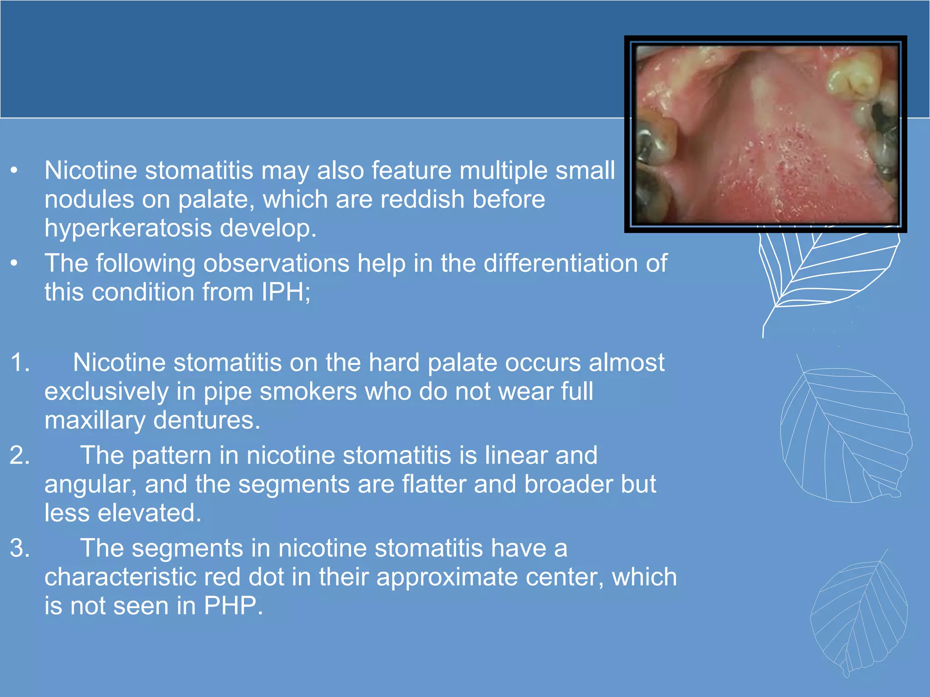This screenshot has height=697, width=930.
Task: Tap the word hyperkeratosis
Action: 128,228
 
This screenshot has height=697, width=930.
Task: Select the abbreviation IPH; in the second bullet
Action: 286,292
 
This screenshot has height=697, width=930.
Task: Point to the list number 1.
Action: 20,363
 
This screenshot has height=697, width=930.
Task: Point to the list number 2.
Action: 20,455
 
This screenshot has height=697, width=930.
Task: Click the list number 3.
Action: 20,548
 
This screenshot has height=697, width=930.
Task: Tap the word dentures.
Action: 207,420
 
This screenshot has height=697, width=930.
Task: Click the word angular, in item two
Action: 90,484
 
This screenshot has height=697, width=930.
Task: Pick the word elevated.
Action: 149,513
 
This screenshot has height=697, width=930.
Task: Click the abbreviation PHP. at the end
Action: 233,606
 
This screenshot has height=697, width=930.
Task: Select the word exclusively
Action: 106,392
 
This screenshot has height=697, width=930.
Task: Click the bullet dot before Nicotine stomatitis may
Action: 15,171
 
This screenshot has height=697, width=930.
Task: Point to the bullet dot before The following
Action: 15,264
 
